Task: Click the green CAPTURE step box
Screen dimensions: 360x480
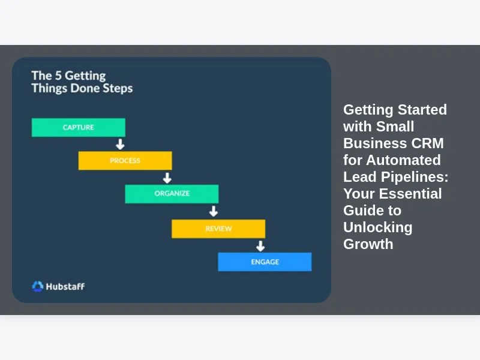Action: (x=78, y=127)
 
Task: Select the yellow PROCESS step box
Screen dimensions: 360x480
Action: (x=125, y=161)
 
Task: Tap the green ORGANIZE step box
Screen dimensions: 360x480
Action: (x=172, y=194)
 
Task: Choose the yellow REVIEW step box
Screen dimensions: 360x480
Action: (x=218, y=229)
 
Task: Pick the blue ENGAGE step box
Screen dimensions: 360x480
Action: (x=265, y=262)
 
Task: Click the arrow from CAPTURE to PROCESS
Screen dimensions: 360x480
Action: (x=120, y=144)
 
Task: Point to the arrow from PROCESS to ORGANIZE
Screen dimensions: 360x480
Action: (x=167, y=178)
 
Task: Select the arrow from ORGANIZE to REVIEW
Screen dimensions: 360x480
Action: (x=213, y=211)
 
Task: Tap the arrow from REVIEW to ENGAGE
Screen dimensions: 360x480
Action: (x=260, y=245)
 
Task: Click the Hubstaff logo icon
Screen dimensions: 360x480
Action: (x=38, y=286)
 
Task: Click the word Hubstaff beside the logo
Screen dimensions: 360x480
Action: (x=66, y=286)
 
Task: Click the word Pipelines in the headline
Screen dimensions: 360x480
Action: (x=416, y=177)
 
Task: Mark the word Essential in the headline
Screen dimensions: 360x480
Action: (x=412, y=194)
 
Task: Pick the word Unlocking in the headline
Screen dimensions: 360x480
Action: (x=377, y=227)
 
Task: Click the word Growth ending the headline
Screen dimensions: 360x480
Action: (x=368, y=244)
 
